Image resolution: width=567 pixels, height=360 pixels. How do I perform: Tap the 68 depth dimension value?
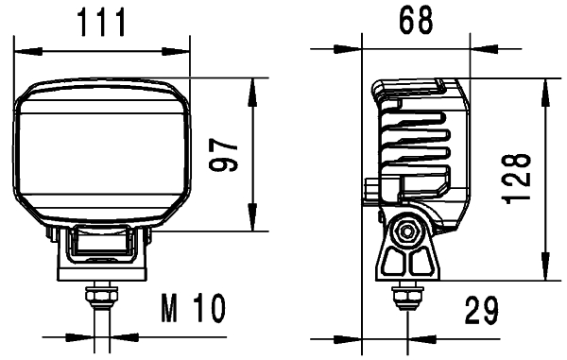[x=416, y=21]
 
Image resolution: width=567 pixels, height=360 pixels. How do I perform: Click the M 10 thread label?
[x=193, y=309]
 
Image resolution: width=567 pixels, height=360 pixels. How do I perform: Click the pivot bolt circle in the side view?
[x=407, y=230]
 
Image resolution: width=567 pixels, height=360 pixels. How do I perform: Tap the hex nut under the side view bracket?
[x=406, y=298]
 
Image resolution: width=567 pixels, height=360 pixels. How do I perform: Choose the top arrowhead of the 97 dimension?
[x=252, y=85]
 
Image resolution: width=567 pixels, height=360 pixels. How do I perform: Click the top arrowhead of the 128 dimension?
[x=544, y=86]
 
